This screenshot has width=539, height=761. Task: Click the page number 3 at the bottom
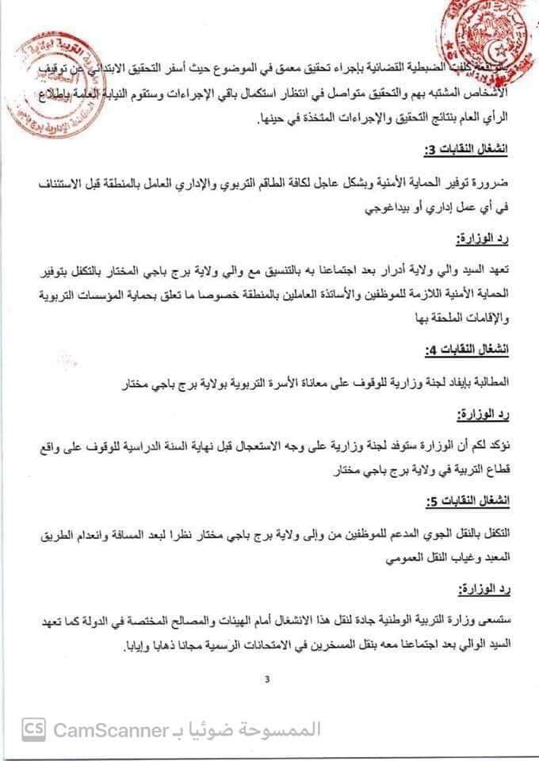coord(268,679)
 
